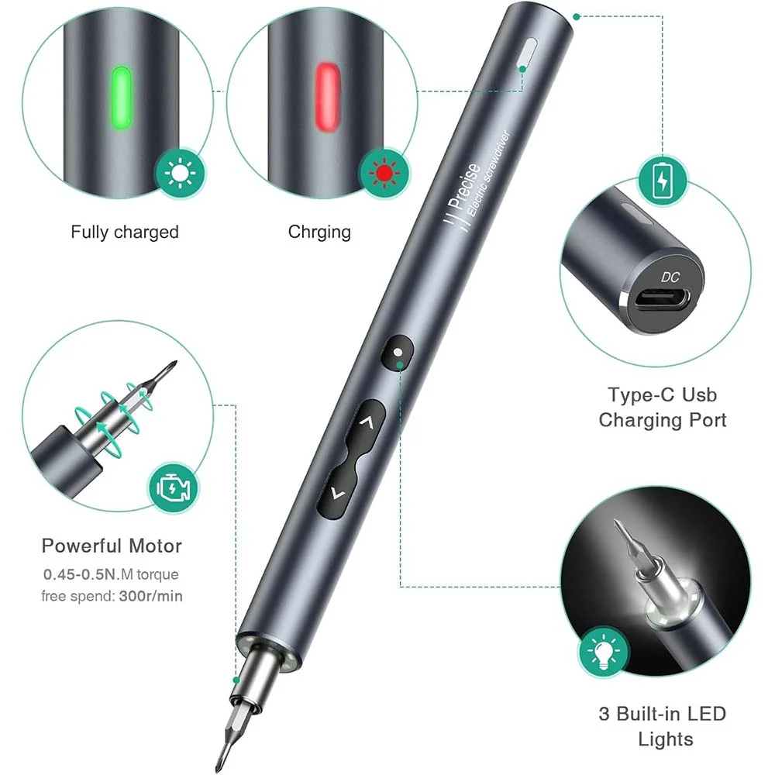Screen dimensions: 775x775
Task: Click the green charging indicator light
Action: click(122, 98)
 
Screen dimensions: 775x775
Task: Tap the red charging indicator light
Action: click(327, 97)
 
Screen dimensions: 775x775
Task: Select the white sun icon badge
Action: click(180, 174)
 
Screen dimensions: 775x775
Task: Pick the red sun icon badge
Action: click(384, 173)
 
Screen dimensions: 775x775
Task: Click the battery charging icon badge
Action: click(663, 180)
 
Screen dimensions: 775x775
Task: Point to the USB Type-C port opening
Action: click(663, 299)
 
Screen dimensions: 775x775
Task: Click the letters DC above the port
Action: click(670, 277)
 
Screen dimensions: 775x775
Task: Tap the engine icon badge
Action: click(173, 487)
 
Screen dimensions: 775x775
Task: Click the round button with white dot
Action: click(398, 352)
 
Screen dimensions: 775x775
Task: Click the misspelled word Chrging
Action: click(319, 232)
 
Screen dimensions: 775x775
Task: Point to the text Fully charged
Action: click(125, 232)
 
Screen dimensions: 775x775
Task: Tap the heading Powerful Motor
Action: click(112, 546)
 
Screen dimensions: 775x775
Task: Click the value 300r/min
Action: click(151, 596)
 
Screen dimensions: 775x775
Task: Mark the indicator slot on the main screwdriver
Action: click(526, 53)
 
